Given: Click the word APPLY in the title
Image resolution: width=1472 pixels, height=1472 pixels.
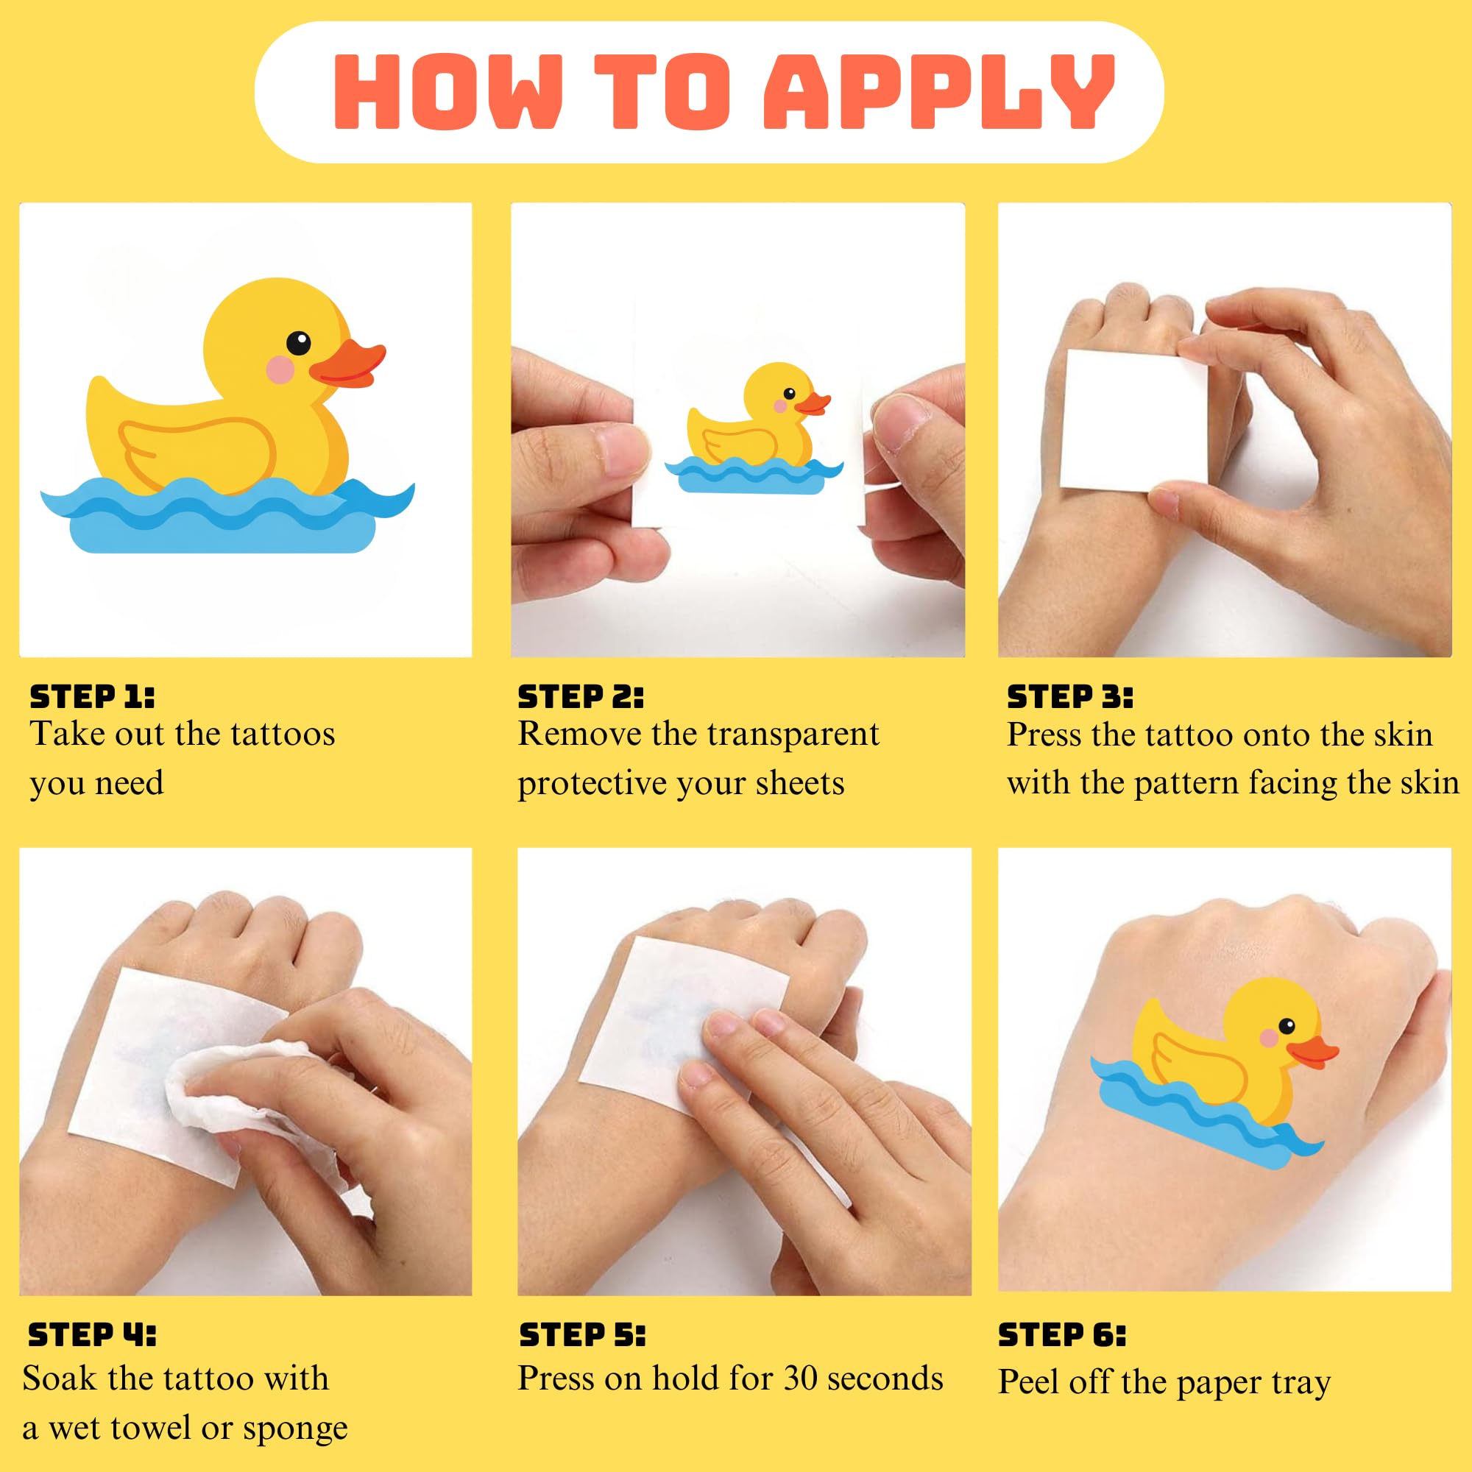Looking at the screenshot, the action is [938, 91].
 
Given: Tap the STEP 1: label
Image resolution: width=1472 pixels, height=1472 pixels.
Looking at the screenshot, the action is [92, 696].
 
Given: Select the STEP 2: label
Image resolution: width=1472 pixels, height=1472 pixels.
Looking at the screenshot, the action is [581, 696].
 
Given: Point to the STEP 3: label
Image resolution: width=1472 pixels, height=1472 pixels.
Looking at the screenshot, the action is [1069, 696].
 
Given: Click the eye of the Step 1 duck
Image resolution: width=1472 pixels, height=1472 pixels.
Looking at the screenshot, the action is [299, 343].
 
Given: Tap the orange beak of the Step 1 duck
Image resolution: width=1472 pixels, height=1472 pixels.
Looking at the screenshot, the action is [348, 364].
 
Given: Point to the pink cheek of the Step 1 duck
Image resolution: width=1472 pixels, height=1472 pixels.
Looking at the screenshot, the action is [280, 369].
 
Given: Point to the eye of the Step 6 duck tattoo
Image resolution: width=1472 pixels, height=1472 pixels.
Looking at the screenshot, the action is [1287, 1025].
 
